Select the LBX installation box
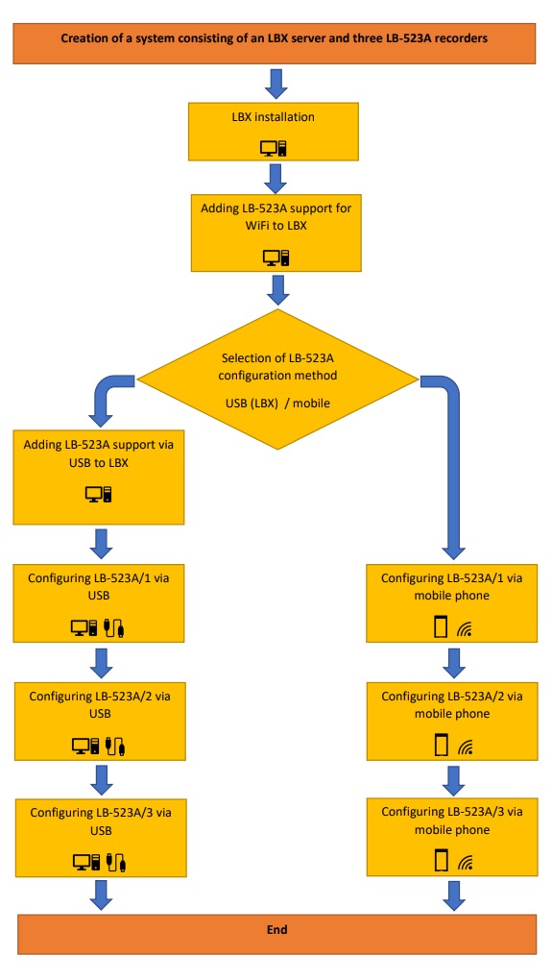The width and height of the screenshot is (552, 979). point(274,132)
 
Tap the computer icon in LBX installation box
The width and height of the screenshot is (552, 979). point(274,148)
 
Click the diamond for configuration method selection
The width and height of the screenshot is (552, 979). point(276,379)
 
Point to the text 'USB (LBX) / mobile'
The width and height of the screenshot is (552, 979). point(277,403)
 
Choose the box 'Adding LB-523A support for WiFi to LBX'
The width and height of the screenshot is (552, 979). point(276,233)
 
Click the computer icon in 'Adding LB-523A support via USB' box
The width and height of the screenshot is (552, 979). point(99,495)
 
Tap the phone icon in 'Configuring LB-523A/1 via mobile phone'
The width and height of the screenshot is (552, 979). point(441,626)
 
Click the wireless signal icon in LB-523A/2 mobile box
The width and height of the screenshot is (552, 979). point(465,746)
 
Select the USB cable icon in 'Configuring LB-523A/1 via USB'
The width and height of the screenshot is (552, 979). point(115,626)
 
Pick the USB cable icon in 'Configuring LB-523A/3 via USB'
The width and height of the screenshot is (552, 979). point(118,862)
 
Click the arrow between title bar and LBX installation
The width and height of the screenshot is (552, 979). point(276,83)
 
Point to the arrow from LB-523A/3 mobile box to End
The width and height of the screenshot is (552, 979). point(453,894)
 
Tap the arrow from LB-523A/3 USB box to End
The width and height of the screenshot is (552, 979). point(101,894)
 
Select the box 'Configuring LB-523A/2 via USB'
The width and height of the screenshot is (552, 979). point(100,722)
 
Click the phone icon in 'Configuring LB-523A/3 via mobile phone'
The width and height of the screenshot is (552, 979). point(441,861)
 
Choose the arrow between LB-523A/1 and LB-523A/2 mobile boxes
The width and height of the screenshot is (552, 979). point(453,663)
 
